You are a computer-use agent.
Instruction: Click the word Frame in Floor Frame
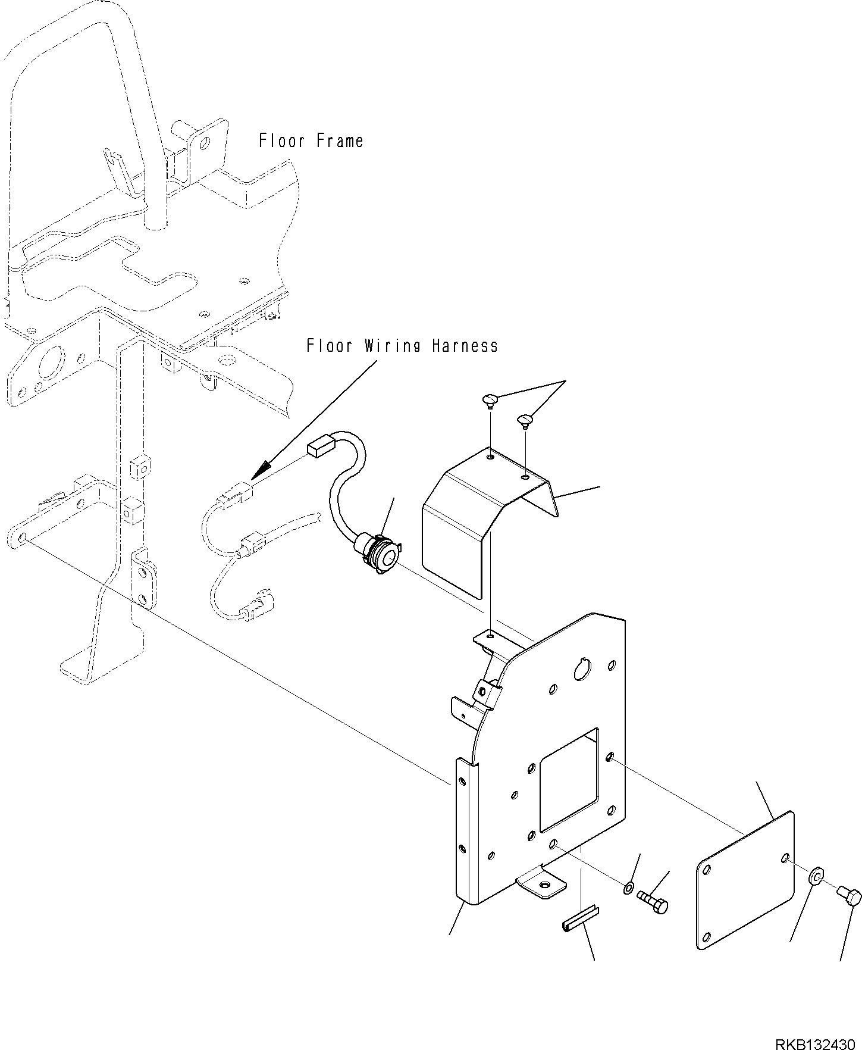point(336,141)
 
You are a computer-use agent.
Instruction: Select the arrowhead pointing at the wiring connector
point(257,473)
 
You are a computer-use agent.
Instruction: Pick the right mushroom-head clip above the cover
point(525,421)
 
